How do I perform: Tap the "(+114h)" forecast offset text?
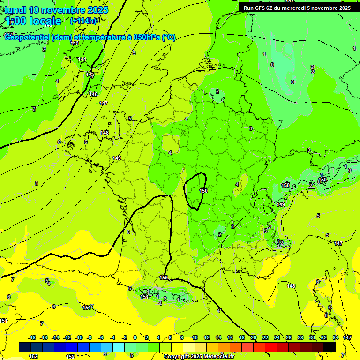point(83,21)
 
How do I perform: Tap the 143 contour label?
point(75,43)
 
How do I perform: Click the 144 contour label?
point(82,59)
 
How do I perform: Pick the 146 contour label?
point(93,94)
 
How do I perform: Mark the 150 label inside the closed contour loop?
point(203,191)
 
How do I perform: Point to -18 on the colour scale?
point(32,337)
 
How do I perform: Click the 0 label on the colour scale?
point(135,337)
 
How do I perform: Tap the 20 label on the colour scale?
point(254,337)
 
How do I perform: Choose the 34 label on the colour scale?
point(336,337)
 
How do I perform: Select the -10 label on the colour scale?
point(79,337)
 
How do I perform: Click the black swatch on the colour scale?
point(330,347)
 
